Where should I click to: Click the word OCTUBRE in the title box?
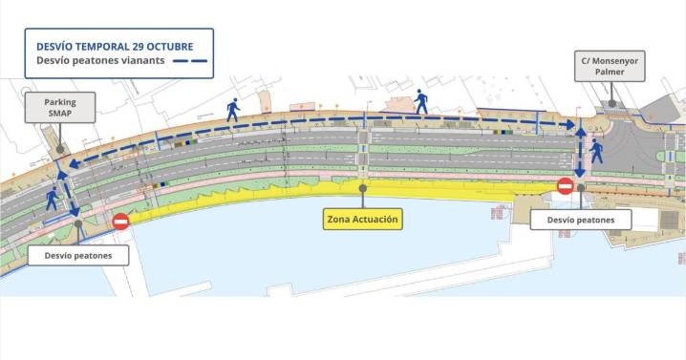click(x=165, y=46)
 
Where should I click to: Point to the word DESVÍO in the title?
click(x=49, y=46)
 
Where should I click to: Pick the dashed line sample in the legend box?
click(x=187, y=63)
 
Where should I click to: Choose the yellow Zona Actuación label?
click(x=363, y=221)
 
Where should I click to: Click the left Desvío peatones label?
click(x=77, y=255)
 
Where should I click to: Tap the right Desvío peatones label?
click(x=581, y=220)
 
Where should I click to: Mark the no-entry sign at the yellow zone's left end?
click(x=121, y=222)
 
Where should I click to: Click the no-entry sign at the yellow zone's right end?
click(x=565, y=185)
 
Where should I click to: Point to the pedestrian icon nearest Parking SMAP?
click(x=52, y=198)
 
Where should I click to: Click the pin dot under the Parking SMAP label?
click(x=59, y=148)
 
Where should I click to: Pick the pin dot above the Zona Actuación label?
click(x=363, y=187)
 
